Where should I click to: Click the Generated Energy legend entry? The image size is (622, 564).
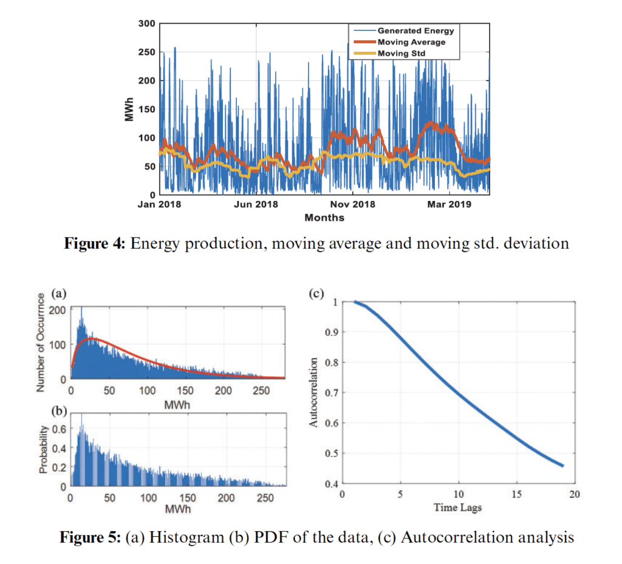tap(415, 30)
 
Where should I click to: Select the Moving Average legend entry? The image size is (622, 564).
tap(411, 42)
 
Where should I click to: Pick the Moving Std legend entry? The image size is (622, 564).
tap(400, 53)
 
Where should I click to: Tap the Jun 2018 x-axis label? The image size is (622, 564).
tap(256, 205)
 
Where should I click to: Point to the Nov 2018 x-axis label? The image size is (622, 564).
tap(353, 205)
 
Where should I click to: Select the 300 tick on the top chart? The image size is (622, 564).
tap(148, 23)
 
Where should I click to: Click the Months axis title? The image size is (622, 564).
tap(324, 217)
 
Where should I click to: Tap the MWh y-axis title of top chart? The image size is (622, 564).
tap(129, 108)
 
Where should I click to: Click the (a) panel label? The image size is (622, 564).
tap(58, 294)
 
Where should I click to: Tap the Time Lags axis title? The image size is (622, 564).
tap(459, 507)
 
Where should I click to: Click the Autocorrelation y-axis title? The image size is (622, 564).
tap(315, 392)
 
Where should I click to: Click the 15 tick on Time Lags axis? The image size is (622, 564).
tap(516, 494)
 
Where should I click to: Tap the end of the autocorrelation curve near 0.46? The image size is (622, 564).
tap(562, 466)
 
